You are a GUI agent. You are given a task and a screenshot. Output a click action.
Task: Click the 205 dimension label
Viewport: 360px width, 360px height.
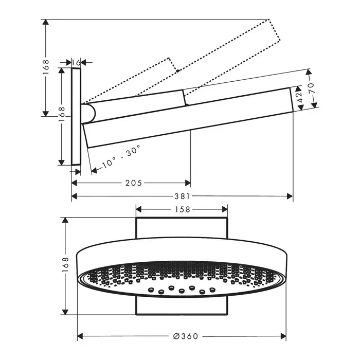134,183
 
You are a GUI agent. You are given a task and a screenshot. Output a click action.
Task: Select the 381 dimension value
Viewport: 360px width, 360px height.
182,196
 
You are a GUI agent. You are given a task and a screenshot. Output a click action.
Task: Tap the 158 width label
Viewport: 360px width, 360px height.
183,209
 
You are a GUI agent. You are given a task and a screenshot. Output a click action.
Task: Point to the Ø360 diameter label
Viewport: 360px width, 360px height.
186,336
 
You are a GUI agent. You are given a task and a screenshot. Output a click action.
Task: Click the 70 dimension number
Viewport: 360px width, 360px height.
312,88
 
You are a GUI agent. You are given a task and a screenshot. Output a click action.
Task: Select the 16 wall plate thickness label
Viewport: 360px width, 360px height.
76,62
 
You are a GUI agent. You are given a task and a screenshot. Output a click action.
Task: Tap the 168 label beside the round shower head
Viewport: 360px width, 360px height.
65,265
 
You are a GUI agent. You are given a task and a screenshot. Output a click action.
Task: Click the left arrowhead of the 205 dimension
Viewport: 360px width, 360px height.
74,183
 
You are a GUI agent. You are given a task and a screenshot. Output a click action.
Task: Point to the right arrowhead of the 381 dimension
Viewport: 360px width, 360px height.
290,196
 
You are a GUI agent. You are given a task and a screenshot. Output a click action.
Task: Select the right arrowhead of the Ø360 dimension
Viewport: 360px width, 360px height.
283,336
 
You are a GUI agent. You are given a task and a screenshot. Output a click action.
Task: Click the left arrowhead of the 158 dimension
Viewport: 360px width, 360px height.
139,209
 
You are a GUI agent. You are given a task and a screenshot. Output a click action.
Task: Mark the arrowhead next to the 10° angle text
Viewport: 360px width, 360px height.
94,170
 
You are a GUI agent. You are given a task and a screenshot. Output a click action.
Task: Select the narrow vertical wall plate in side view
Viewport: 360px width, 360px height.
76,116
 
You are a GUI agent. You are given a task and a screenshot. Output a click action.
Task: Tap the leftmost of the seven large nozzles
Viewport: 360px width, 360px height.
151,290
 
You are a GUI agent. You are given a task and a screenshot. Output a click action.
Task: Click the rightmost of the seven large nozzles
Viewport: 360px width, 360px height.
212,290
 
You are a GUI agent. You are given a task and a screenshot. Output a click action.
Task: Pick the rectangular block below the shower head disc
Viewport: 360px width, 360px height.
182,305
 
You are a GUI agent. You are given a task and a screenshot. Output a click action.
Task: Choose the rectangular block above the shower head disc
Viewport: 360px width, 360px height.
182,228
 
